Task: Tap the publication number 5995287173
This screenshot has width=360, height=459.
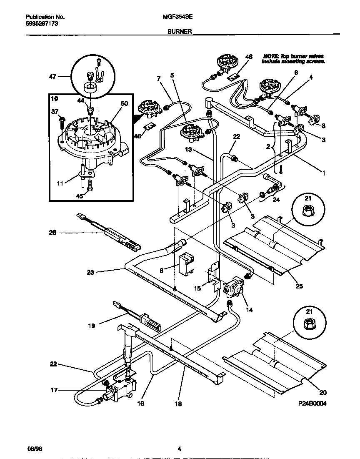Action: click(x=42, y=24)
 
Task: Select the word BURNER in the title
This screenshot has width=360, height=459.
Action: click(x=180, y=31)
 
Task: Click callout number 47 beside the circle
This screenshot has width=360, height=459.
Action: click(x=52, y=77)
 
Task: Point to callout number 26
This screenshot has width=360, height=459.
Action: click(x=52, y=233)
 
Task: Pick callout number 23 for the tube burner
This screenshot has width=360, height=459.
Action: click(x=91, y=272)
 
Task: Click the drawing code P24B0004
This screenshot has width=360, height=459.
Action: click(x=312, y=404)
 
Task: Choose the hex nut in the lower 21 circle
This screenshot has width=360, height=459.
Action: click(x=308, y=322)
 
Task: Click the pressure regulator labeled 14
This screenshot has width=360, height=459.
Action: click(x=233, y=287)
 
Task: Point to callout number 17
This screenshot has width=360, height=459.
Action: click(x=54, y=390)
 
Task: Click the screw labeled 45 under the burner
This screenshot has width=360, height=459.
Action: click(x=90, y=191)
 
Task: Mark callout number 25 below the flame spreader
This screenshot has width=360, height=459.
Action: click(x=300, y=286)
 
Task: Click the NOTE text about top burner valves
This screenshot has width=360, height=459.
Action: click(x=292, y=58)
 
